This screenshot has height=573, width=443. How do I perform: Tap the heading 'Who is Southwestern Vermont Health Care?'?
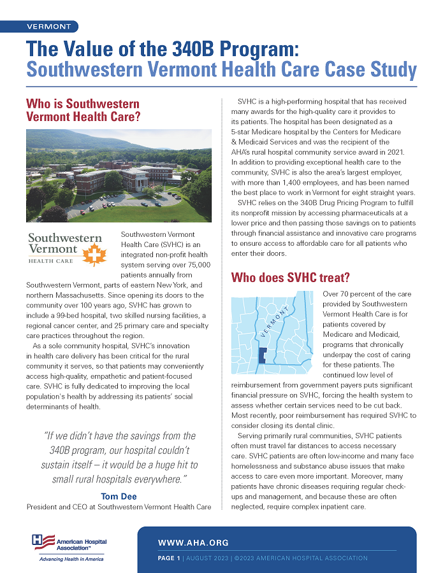[x=83, y=110]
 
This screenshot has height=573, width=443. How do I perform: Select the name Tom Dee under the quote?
[x=119, y=496]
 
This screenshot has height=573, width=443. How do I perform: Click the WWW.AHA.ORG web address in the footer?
[x=193, y=543]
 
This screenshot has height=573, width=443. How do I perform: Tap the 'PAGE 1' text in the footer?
[x=168, y=558]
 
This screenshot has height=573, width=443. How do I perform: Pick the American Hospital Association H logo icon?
[x=43, y=541]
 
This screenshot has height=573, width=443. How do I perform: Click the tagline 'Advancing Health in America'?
[x=71, y=558]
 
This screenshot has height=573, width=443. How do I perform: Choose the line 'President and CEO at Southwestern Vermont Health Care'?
[x=119, y=507]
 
